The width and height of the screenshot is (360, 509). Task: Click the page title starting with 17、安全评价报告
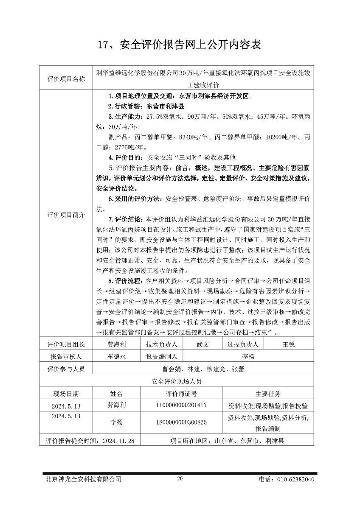point(180,44)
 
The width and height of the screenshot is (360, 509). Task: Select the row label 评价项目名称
point(65,78)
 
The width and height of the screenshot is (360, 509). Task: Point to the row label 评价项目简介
point(65,215)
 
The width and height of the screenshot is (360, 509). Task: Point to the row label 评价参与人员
point(65,369)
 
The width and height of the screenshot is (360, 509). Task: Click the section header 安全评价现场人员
point(176,381)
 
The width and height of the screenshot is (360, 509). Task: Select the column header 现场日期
point(65,393)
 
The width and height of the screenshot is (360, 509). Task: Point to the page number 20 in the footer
point(180,478)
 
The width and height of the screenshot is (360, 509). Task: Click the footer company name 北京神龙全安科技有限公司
point(84,480)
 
